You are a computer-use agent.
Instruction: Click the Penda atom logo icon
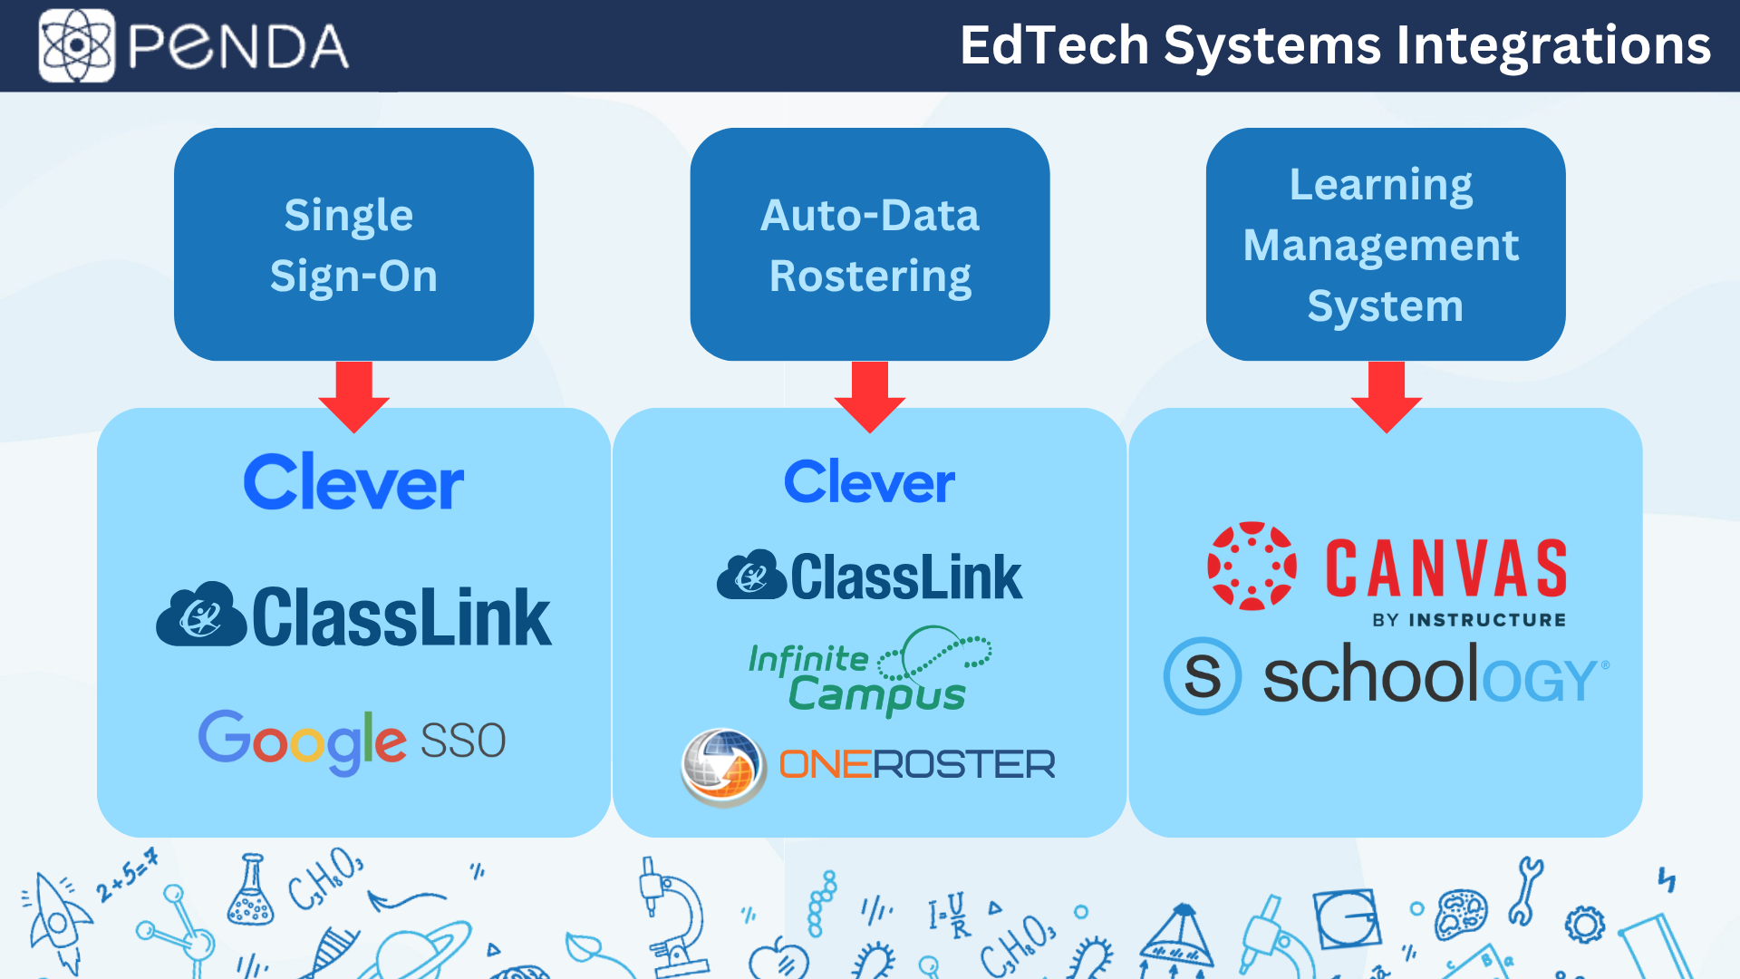[76, 45]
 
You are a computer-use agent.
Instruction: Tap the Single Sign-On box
[353, 245]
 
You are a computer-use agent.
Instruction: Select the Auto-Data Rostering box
[870, 245]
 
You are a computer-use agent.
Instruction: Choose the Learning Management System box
[1385, 245]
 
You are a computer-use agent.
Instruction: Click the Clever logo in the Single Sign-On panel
[353, 482]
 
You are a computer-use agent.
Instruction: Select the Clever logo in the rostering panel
[869, 481]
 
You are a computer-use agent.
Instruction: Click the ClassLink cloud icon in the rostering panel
[751, 576]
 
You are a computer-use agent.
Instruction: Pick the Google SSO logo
[352, 741]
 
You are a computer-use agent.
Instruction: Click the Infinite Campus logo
[868, 671]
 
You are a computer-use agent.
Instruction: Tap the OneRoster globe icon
[722, 766]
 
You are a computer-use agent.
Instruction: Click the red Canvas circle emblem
[1252, 566]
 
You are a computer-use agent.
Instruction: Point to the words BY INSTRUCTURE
[1468, 620]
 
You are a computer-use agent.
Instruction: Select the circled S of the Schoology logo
[1203, 676]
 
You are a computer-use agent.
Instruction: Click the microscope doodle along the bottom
[671, 916]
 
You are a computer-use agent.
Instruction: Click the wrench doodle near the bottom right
[1525, 890]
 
